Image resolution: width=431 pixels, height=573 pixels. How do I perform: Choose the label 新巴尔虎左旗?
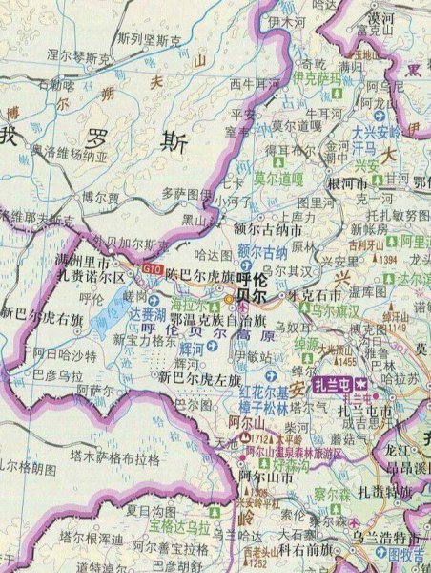[198, 379]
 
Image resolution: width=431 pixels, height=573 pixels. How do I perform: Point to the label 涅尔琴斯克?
[79, 57]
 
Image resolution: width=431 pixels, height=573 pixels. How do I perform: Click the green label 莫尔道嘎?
[278, 176]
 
